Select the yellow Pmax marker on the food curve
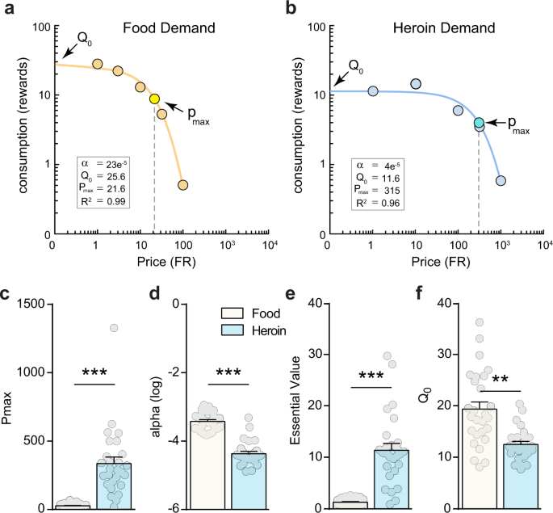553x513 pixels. pos(154,99)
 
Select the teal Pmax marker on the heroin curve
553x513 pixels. pos(479,123)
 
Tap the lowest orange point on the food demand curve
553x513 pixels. pos(183,185)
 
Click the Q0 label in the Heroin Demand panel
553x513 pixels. pos(356,65)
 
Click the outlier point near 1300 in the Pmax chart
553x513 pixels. pos(114,327)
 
